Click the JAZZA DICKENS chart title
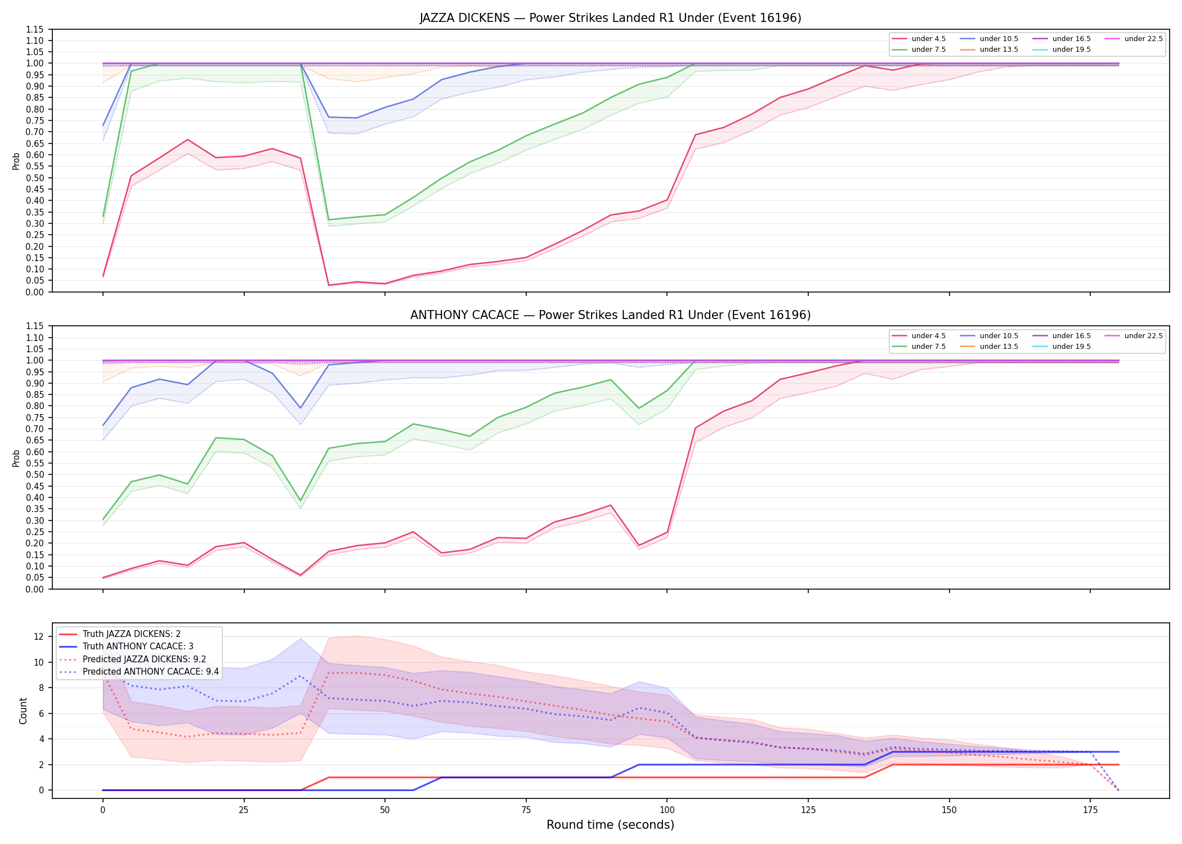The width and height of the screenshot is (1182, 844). click(x=610, y=18)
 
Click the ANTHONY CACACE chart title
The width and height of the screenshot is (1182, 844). click(x=610, y=315)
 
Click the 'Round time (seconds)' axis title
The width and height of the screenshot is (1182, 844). click(x=610, y=825)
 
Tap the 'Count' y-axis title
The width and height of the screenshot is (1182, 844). click(x=23, y=711)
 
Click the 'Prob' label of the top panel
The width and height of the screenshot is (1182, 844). click(x=16, y=161)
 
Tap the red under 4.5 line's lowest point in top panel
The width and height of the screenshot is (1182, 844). click(x=329, y=285)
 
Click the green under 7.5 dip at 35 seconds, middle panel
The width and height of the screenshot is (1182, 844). click(x=301, y=501)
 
